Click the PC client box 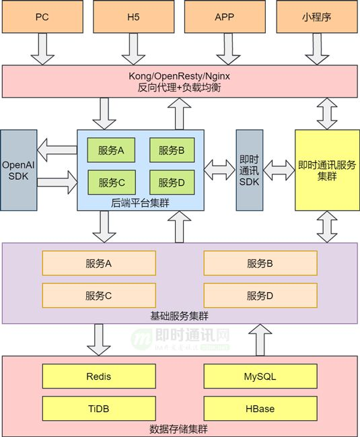coord(42,17)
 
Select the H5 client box coord(132,17)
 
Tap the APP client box coord(224,17)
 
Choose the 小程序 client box coord(316,17)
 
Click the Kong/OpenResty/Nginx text coord(179,76)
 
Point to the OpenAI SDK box coord(18,169)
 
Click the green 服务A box coord(112,151)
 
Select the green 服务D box coord(172,182)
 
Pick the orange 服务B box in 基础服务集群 coord(260,263)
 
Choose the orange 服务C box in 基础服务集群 coord(99,295)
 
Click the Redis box coord(99,376)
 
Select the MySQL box coord(260,376)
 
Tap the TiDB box coord(99,409)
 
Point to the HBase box coord(260,409)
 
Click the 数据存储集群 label coord(179,428)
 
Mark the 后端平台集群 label coord(141,201)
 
